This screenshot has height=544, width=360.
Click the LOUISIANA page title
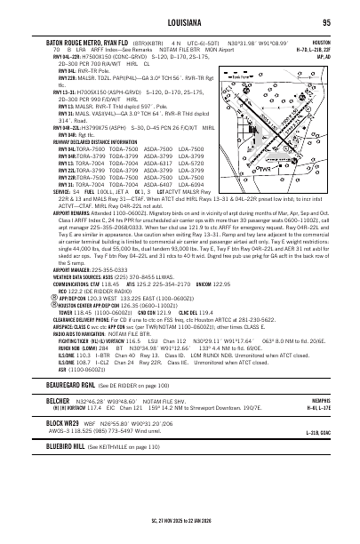tap(179, 22)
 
